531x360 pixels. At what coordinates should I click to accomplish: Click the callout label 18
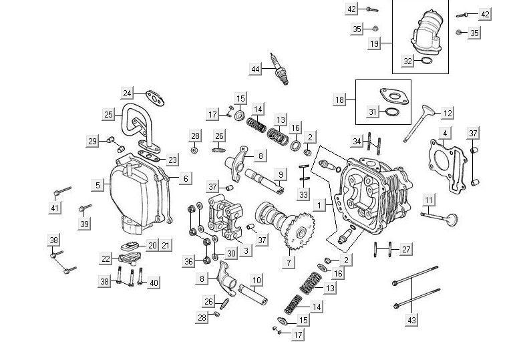pos(340,100)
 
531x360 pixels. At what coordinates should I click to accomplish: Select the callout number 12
pos(448,114)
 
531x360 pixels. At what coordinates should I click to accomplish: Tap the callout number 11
pos(429,200)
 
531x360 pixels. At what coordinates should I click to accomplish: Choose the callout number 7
pos(289,262)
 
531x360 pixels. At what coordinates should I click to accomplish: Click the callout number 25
pos(108,115)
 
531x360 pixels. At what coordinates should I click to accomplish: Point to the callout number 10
pos(256,280)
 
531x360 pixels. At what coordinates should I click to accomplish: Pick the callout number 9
pos(281,174)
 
